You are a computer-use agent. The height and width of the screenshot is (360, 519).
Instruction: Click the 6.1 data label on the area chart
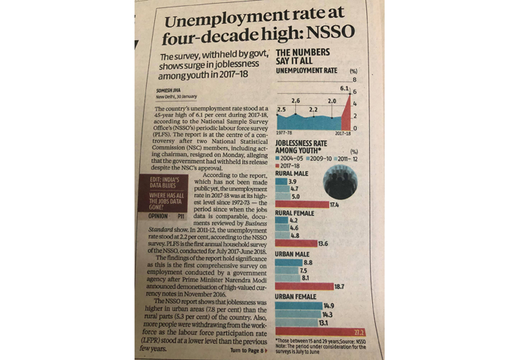[x=343, y=88]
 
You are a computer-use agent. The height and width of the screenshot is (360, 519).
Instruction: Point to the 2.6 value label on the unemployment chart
[x=296, y=100]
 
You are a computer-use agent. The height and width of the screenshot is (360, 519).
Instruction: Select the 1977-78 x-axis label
[x=285, y=133]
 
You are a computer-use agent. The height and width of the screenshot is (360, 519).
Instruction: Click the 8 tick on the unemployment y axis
[x=355, y=80]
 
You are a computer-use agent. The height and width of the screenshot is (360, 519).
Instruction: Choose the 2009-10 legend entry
[x=320, y=158]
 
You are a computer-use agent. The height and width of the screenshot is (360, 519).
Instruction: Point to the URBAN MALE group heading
[x=291, y=253]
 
